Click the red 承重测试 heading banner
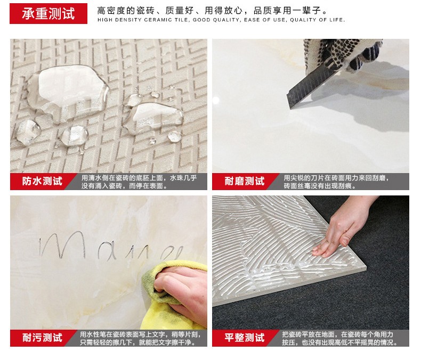pos(48,14)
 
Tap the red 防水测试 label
pos(42,182)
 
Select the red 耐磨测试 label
pos(244,182)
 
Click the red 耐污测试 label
pos(42,338)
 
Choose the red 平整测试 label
pos(244,338)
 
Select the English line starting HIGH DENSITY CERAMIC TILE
pos(221,20)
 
